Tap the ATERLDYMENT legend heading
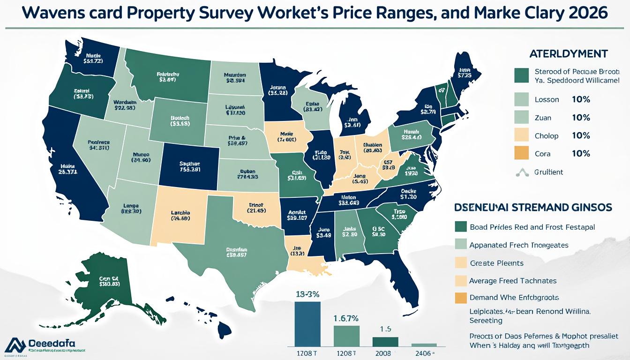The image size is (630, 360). (568, 53)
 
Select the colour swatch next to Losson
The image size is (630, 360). (521, 99)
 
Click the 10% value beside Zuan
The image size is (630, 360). (581, 118)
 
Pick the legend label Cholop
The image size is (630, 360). (546, 136)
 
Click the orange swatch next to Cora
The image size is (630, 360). (521, 153)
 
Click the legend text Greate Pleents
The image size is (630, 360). (496, 263)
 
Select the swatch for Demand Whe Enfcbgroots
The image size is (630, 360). (461, 298)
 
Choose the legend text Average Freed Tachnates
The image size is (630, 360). (513, 280)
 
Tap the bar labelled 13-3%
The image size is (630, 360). (307, 323)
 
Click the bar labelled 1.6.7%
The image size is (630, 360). (346, 335)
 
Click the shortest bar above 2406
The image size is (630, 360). (424, 345)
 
